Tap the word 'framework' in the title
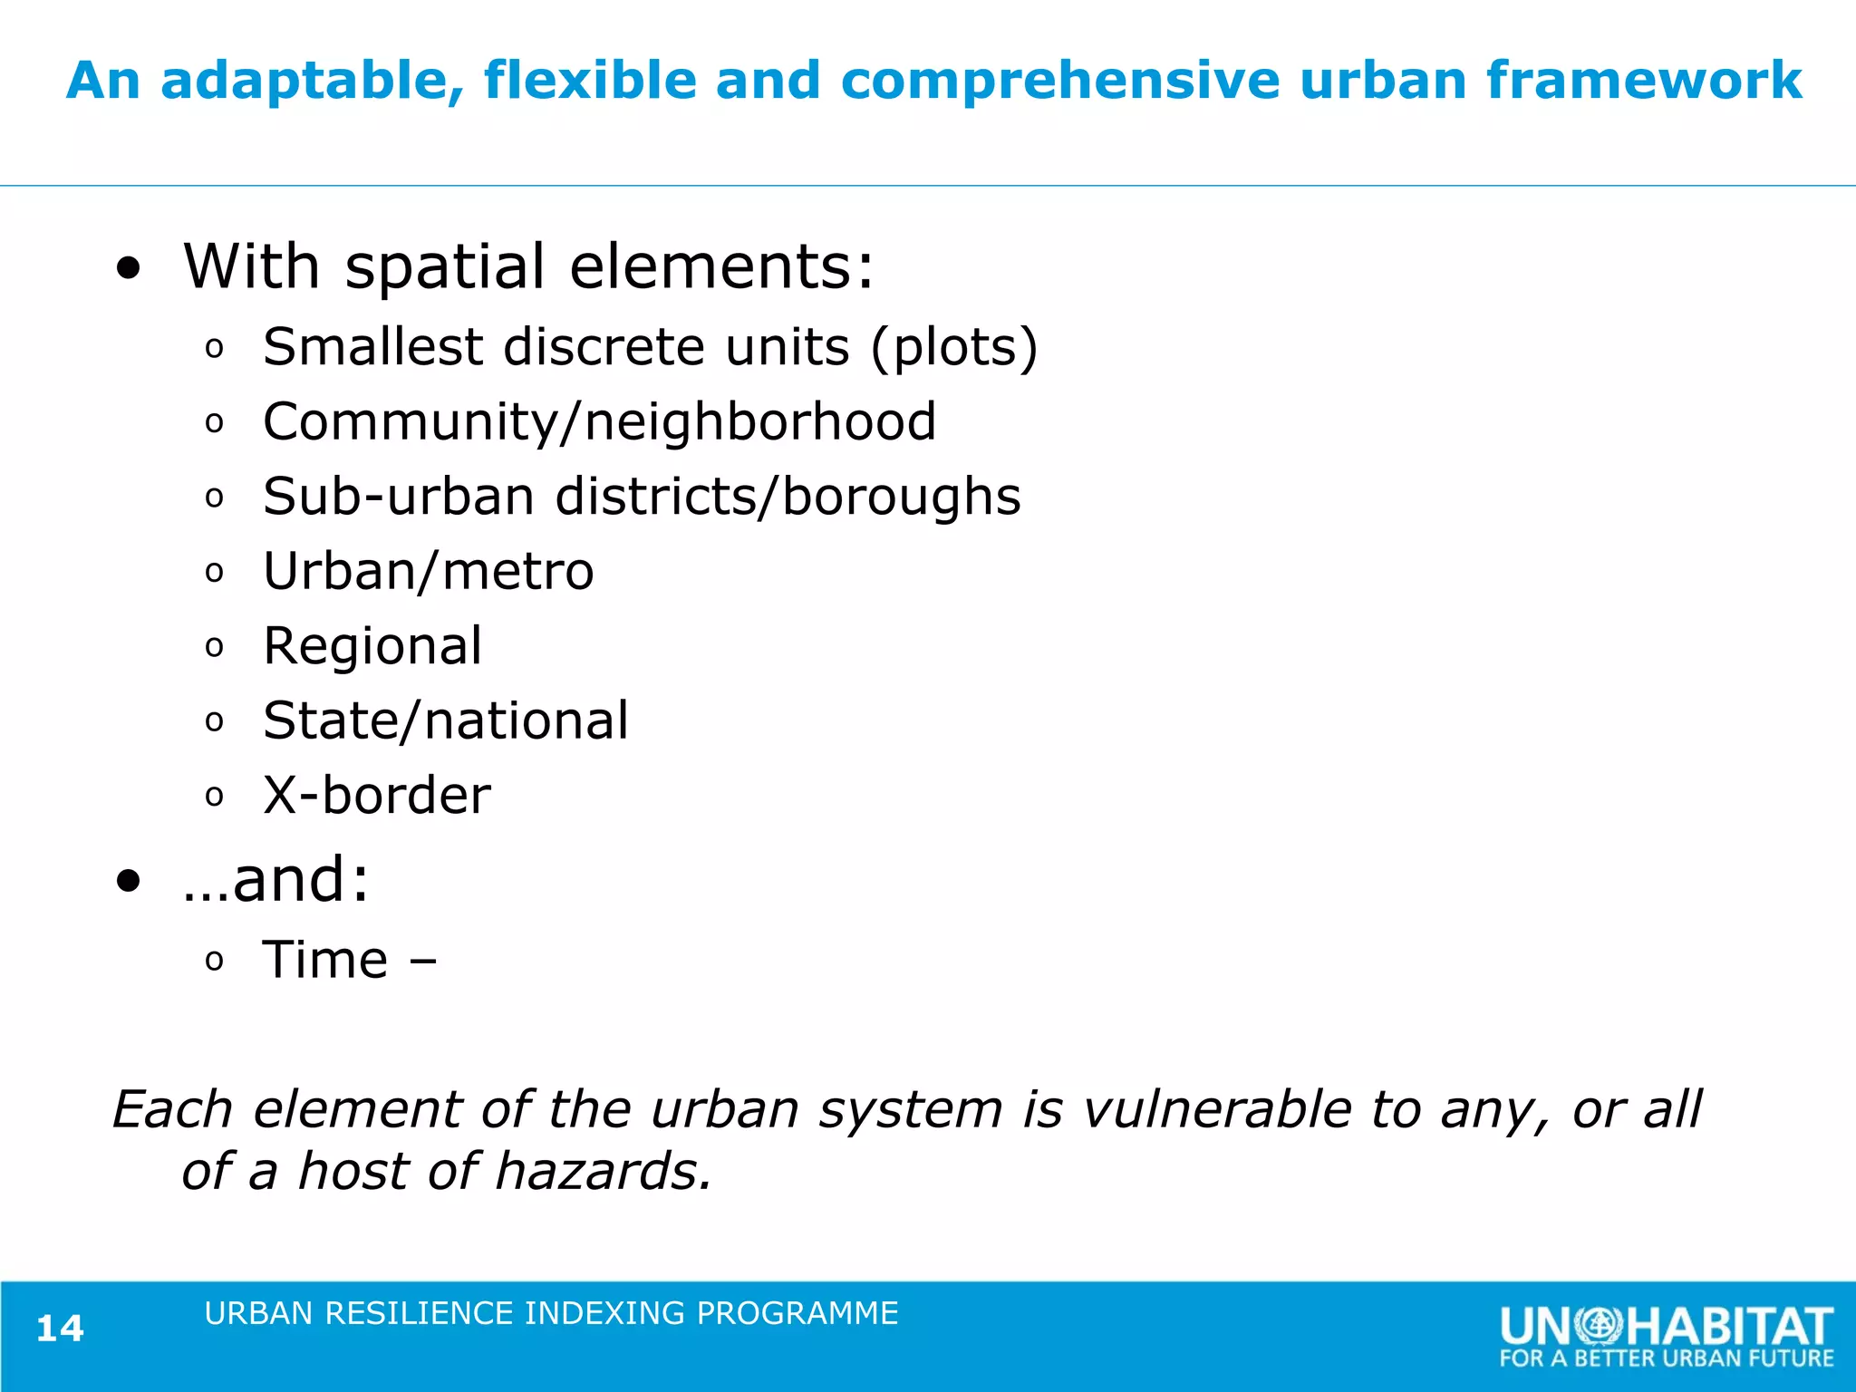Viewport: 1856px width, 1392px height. coord(1644,80)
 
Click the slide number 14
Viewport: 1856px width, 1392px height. coord(60,1329)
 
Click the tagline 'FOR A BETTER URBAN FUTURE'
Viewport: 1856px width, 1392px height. coord(1666,1358)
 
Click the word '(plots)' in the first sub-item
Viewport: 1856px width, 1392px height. coord(953,348)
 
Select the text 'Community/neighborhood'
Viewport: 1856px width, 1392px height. coord(599,422)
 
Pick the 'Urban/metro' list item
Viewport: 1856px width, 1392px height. coord(429,572)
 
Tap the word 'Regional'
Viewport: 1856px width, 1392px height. coord(372,646)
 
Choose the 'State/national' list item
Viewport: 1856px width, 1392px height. coord(445,721)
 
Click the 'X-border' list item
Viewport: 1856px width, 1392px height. coord(377,796)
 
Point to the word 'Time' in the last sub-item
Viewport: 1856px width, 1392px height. coord(325,961)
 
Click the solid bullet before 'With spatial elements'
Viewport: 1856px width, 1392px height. coord(130,269)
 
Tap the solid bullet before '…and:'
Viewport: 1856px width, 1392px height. coord(130,881)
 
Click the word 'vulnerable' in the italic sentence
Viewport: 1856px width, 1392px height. coord(1217,1110)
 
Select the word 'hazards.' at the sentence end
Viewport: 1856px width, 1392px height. coord(604,1172)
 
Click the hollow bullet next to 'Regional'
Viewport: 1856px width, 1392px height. coord(214,647)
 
